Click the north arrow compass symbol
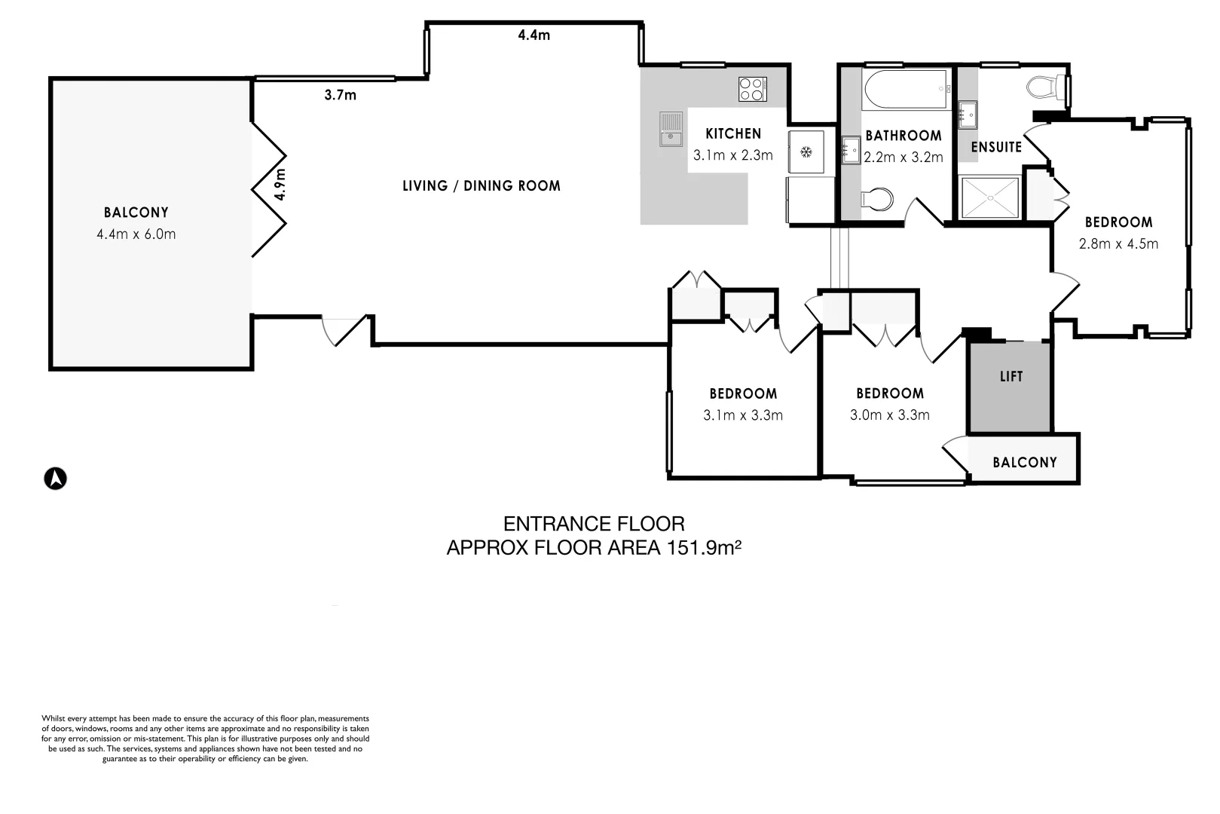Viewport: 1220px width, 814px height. (55, 479)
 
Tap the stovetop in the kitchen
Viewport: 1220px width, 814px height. (752, 89)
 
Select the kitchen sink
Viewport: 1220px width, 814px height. (671, 129)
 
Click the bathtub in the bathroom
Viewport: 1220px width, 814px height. (905, 90)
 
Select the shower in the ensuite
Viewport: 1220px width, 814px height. (989, 197)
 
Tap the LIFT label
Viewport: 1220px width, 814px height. (1011, 376)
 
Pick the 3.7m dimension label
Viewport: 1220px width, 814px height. (340, 95)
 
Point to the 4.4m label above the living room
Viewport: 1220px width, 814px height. (534, 35)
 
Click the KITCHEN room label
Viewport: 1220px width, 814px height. (733, 134)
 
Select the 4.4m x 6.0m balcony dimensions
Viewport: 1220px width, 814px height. (136, 234)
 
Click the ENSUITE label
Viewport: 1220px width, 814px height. (995, 147)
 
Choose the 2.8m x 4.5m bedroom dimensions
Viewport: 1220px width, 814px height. (1118, 243)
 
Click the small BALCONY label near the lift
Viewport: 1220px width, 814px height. (1024, 462)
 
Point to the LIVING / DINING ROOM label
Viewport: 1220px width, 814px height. (482, 185)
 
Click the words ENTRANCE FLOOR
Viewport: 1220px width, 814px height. (594, 523)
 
